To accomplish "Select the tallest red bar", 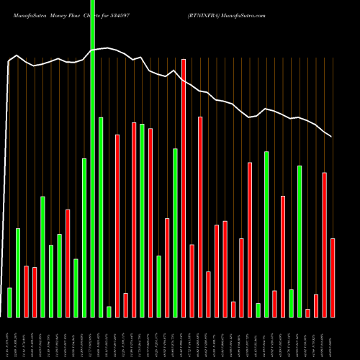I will pyautogui.click(x=184, y=188).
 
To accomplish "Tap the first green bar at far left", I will pyautogui.click(x=9, y=302).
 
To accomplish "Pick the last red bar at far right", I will pyautogui.click(x=333, y=278).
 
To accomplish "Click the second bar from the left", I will pyautogui.click(x=18, y=273).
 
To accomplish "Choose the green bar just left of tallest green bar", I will pyautogui.click(x=84, y=238).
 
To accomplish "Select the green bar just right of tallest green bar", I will pyautogui.click(x=101, y=217).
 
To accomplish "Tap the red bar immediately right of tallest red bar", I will pyautogui.click(x=192, y=281).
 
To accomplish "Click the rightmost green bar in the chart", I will pyautogui.click(x=300, y=241).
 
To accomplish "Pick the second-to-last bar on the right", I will pyautogui.click(x=325, y=245).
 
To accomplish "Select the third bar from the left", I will pyautogui.click(x=26, y=292).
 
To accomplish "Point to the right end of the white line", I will pyautogui.click(x=332, y=136).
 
